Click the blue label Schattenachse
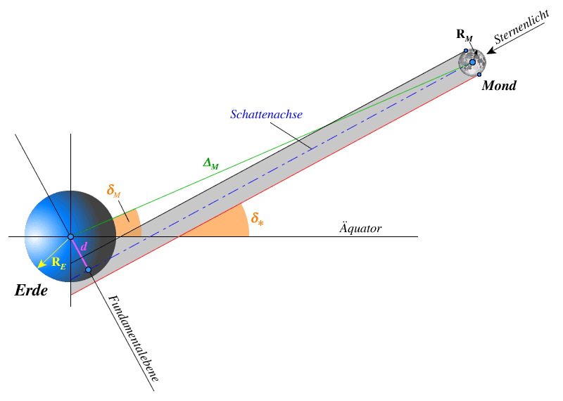tap(266, 115)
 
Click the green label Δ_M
tap(210, 164)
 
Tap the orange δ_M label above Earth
tap(113, 191)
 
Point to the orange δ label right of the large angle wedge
tap(257, 218)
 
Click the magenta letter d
tap(84, 247)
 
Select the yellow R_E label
tap(58, 263)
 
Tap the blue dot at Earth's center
tap(70, 236)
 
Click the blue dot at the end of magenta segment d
tap(88, 269)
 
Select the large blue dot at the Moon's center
tap(472, 62)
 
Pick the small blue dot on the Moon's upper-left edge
tap(465, 51)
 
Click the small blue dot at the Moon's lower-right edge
tap(479, 74)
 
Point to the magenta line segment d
tap(80, 254)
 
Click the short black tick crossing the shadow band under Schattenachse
tap(304, 144)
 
